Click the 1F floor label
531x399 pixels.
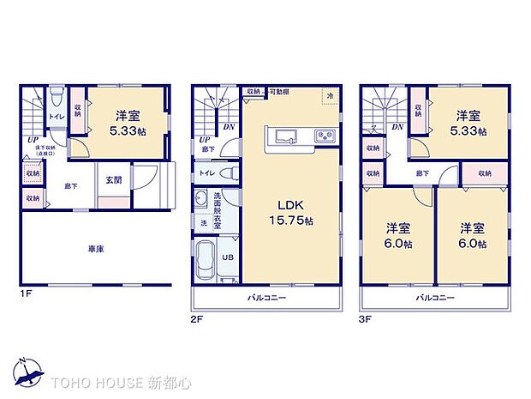[x=27, y=293]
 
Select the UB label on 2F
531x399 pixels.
[x=229, y=257]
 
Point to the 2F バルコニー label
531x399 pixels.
[x=267, y=298]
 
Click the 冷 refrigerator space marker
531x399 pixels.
[x=329, y=96]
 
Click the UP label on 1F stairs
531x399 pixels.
[x=32, y=139]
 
